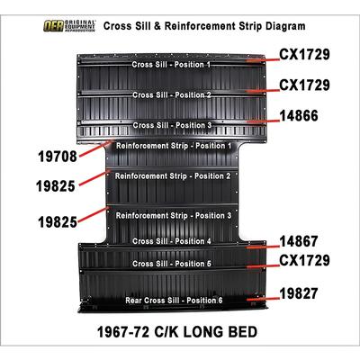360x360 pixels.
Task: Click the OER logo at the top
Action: [69, 26]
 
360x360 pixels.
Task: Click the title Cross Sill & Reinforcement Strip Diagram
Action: [204, 26]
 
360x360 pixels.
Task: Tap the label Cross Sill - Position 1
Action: [171, 65]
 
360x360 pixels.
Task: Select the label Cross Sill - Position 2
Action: [172, 94]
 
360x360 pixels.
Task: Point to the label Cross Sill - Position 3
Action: [172, 125]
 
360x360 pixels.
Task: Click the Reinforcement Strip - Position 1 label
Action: [174, 146]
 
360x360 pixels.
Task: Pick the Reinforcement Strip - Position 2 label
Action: [173, 176]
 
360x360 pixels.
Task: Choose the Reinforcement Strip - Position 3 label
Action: [174, 216]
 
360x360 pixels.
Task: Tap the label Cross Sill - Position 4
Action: [172, 241]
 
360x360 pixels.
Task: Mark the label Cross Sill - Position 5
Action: [172, 264]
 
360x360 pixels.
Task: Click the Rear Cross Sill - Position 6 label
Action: [174, 301]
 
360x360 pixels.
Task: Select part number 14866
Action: [299, 116]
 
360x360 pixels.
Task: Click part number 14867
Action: [299, 241]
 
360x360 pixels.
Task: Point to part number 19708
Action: [58, 157]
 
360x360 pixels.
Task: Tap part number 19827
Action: [299, 293]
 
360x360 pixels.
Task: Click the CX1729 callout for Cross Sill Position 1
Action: [304, 55]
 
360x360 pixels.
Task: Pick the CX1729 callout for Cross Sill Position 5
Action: [304, 260]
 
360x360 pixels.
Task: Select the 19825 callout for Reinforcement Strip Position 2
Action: [56, 186]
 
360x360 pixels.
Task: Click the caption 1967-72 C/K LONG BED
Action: [177, 332]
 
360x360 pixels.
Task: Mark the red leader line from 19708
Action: [96, 147]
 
